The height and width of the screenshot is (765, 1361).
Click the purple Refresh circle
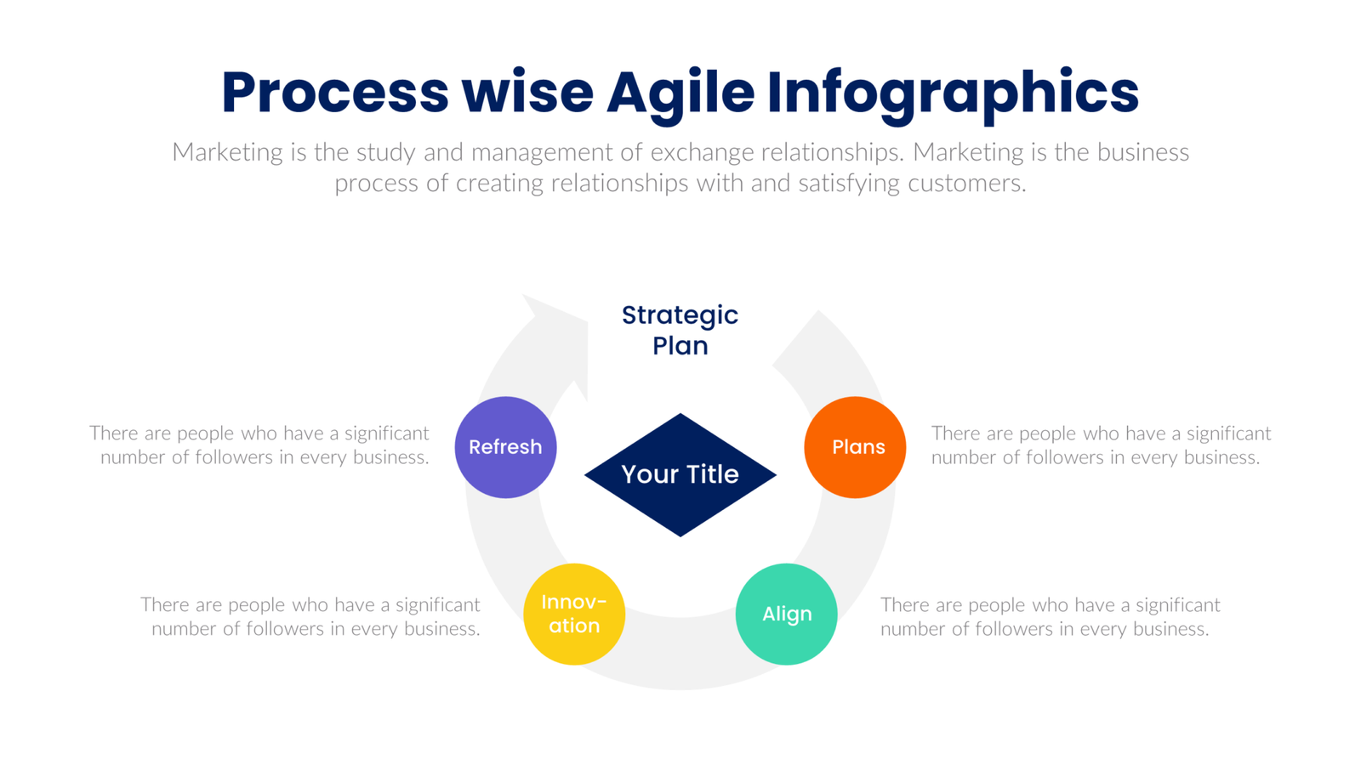(x=505, y=447)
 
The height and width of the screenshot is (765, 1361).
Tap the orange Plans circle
(x=855, y=447)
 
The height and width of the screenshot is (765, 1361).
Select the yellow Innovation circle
(x=574, y=614)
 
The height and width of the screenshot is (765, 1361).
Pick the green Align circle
(x=786, y=614)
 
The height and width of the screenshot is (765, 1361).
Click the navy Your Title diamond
(x=680, y=474)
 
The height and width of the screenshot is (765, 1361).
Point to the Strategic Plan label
(x=680, y=330)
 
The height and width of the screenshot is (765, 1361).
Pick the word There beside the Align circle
(x=904, y=605)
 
